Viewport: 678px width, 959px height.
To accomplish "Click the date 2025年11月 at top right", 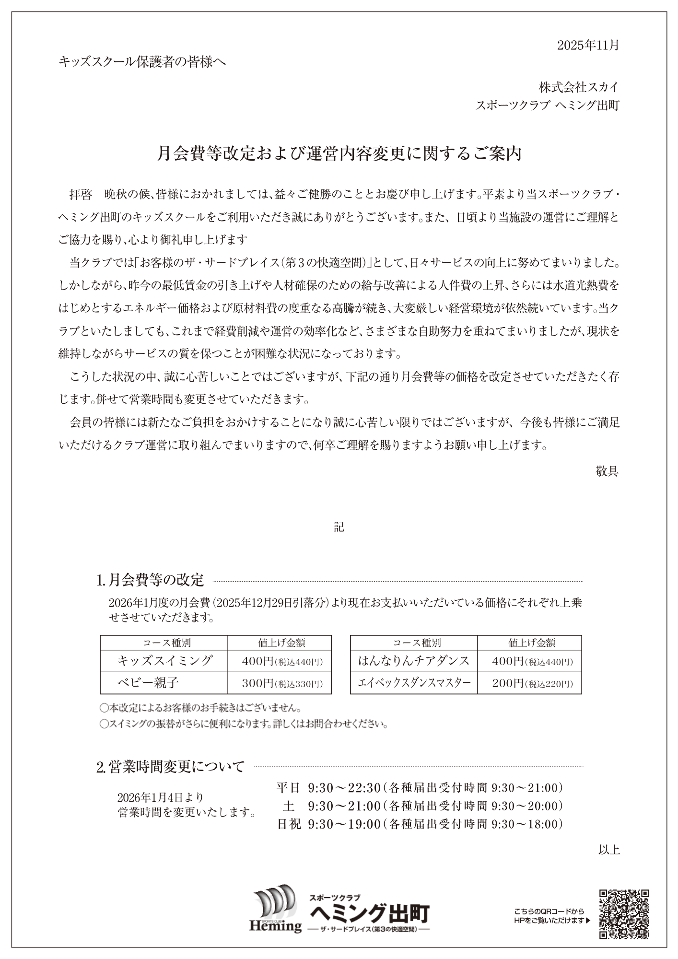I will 588,45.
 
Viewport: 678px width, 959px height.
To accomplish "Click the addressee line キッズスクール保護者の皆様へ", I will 142,62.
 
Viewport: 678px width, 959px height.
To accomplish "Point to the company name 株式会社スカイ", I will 579,87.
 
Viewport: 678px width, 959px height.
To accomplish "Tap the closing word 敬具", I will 607,471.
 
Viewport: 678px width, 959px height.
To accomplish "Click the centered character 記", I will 339,527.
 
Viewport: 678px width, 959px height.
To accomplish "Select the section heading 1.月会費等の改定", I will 151,580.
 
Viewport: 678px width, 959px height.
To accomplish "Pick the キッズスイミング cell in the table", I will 164,661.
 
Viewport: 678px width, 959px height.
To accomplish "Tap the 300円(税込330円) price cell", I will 282,683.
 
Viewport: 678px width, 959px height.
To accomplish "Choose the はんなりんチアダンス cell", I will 414,661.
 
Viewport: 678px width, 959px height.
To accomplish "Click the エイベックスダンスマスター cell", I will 414,683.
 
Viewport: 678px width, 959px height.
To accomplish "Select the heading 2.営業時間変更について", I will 171,767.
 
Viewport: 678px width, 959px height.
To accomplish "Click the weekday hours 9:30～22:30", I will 344,787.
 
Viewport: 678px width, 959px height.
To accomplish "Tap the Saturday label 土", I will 288,806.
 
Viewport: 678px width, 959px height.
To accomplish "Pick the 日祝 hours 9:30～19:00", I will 344,824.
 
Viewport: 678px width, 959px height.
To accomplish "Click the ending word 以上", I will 609,850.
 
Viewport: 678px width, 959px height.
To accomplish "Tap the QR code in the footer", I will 624,913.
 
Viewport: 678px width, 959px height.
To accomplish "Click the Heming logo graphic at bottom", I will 275,911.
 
